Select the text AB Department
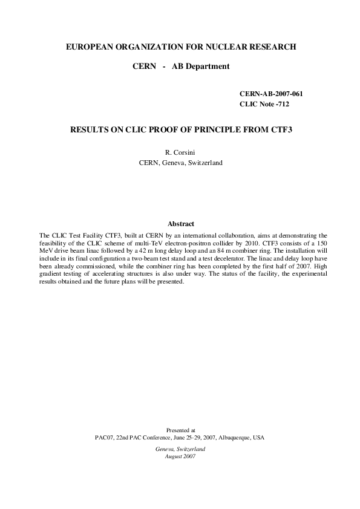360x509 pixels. [201, 66]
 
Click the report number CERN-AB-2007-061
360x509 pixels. [271, 95]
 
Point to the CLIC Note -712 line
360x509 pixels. [264, 105]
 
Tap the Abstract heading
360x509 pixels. [180, 224]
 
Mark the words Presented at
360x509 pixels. [180, 430]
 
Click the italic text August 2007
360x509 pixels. [180, 456]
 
